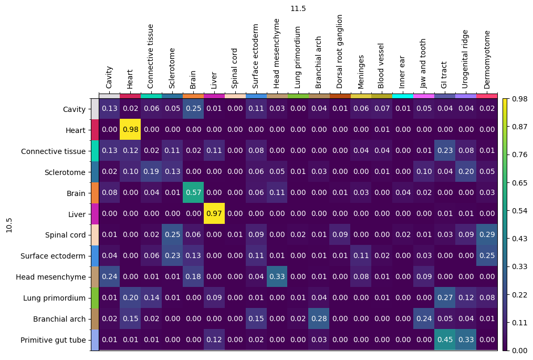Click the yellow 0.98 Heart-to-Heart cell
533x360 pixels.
click(130, 129)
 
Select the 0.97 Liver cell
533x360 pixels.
click(214, 213)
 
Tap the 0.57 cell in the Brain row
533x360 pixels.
click(193, 192)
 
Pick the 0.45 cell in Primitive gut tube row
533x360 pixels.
click(445, 340)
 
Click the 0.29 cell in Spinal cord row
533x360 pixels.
click(487, 234)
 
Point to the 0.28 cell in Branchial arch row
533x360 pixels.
click(319, 318)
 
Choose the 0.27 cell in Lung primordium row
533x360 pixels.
click(445, 297)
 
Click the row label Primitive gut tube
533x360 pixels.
click(53, 340)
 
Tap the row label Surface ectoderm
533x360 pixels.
click(53, 256)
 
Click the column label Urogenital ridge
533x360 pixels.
click(465, 59)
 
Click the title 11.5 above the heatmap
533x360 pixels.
click(298, 8)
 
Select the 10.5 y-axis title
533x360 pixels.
click(9, 225)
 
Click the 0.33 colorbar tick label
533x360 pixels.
click(520, 266)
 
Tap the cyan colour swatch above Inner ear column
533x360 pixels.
click(403, 96)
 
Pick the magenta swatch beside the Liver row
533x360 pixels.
click(95, 213)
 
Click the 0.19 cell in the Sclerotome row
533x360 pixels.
click(151, 171)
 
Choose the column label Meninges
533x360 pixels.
click(360, 72)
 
